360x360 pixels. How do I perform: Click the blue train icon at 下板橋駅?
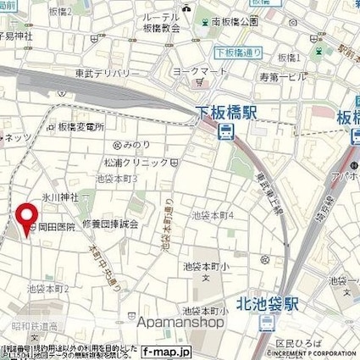click(226, 130)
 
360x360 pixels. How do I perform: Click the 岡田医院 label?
click(58, 228)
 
